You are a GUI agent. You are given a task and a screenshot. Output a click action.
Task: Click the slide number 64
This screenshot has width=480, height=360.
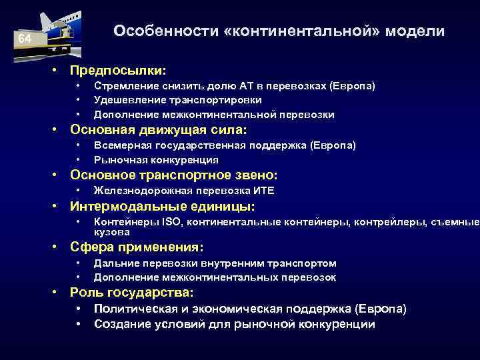(25, 39)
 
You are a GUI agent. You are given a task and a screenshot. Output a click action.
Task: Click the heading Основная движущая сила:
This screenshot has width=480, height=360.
(159, 129)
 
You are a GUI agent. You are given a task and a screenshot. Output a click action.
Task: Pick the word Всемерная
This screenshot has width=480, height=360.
(121, 145)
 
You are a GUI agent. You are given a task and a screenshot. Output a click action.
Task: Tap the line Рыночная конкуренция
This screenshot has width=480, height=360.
(156, 159)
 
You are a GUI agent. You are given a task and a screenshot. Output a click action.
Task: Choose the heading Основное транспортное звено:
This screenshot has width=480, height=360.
(174, 175)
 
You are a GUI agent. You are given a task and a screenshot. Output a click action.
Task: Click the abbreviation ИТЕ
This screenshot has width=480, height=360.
(264, 191)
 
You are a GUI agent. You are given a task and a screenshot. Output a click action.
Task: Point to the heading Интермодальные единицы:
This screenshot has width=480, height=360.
(163, 206)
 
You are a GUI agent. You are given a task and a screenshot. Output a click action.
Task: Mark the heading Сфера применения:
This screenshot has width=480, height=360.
(137, 248)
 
